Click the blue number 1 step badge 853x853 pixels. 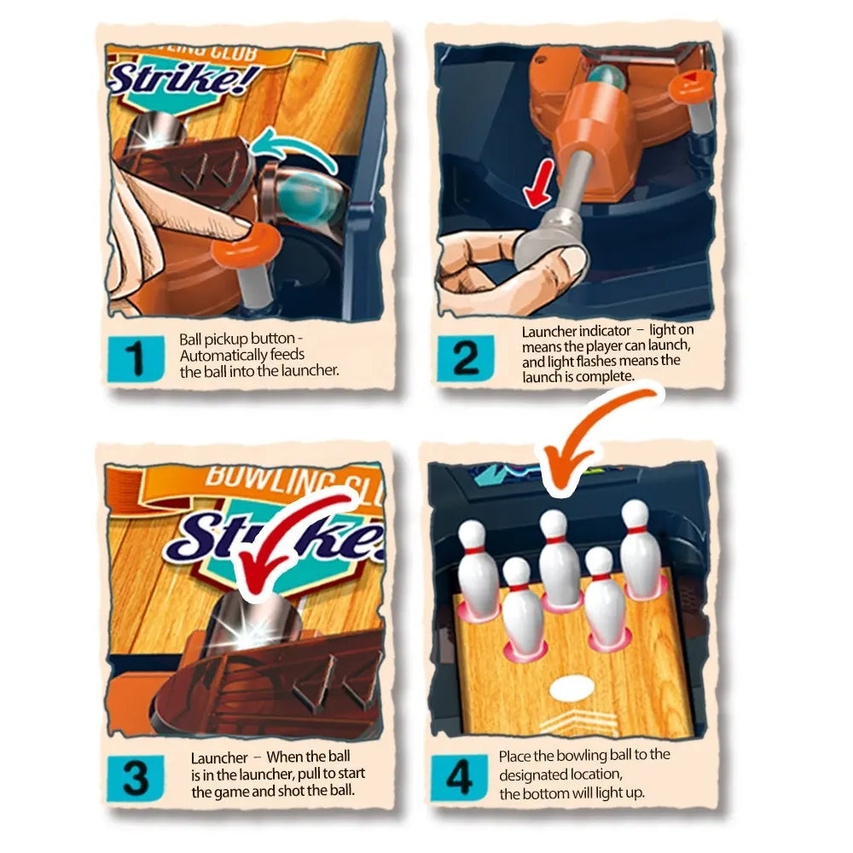pyautogui.click(x=136, y=358)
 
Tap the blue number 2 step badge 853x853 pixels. pyautogui.click(x=466, y=358)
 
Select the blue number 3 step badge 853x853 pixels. pyautogui.click(x=136, y=778)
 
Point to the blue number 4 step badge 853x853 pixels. pyautogui.click(x=459, y=777)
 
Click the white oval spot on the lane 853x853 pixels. pyautogui.click(x=572, y=688)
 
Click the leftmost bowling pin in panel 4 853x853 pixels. pyautogui.click(x=479, y=568)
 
